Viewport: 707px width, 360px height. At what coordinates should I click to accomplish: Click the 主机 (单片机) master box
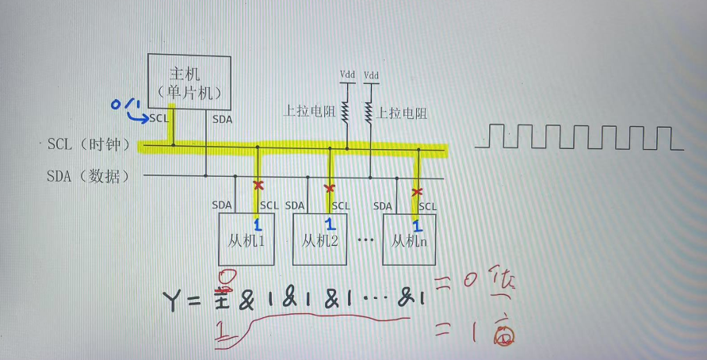tap(189, 82)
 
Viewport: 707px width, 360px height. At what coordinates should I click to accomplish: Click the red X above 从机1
tap(257, 186)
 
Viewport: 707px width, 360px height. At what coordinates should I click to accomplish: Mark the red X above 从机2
tap(330, 188)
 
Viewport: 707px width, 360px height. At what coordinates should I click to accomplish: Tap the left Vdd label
tap(347, 75)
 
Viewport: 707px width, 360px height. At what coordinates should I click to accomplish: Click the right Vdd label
tap(371, 75)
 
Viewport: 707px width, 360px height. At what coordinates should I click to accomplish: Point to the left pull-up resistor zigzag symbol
tap(346, 111)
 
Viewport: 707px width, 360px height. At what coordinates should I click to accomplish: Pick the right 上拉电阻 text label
tap(403, 113)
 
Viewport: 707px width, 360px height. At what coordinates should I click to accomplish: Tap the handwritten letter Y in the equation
tap(175, 301)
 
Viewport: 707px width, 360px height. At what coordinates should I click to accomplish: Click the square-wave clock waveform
tap(579, 137)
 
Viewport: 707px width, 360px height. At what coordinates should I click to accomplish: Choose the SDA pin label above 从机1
tap(222, 205)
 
